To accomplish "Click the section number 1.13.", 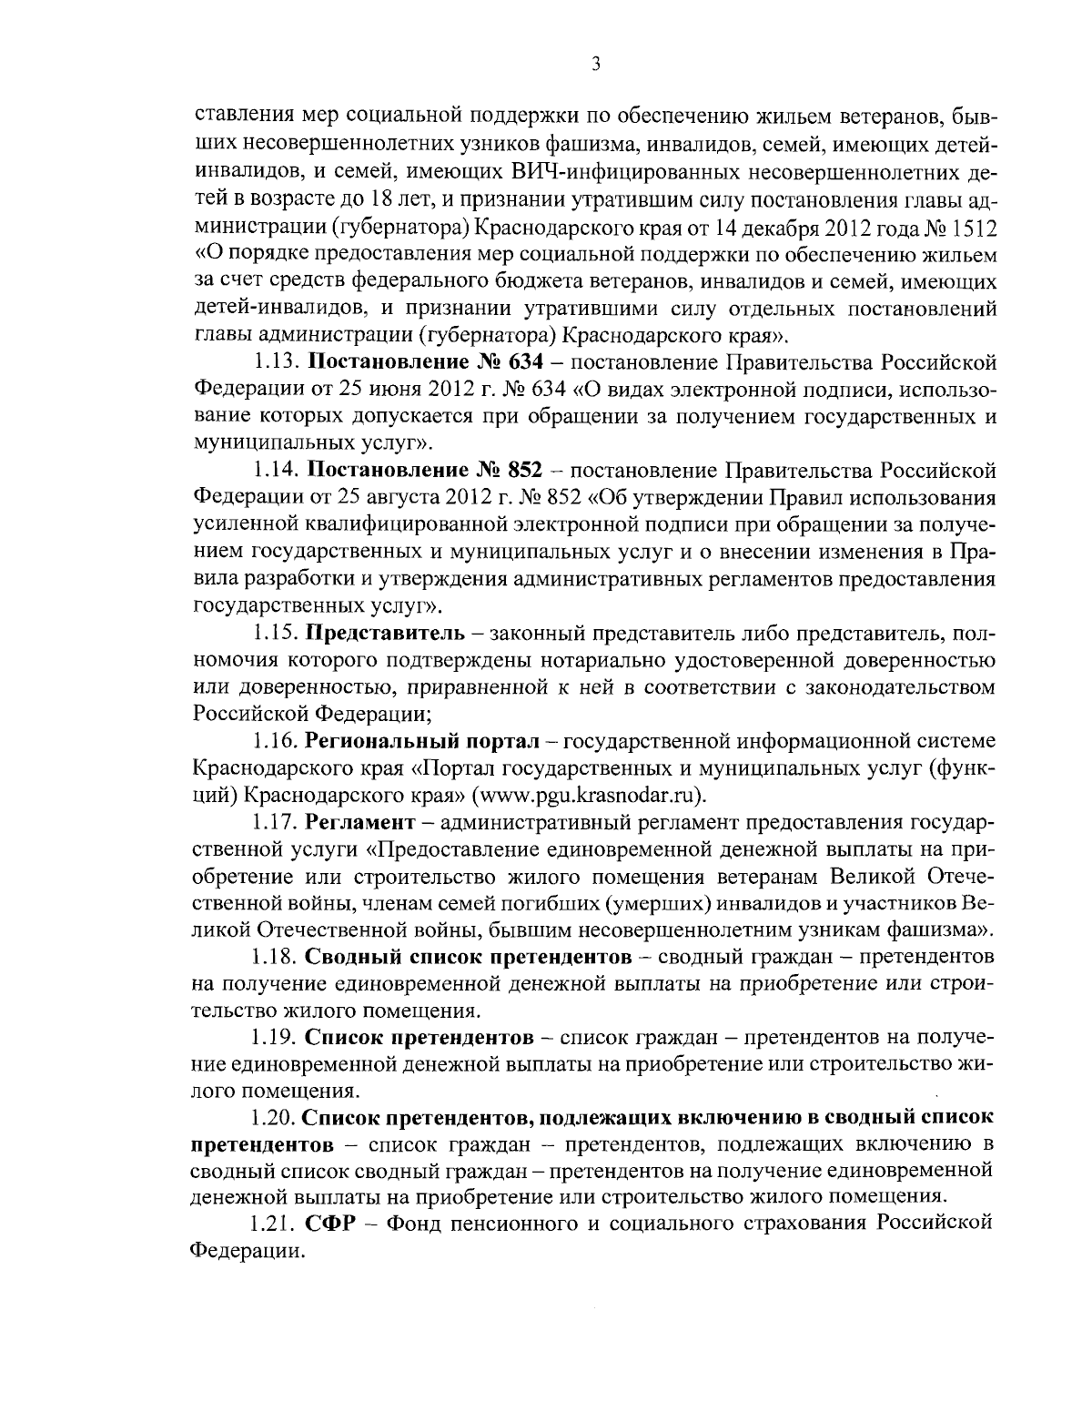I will click(x=275, y=362).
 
